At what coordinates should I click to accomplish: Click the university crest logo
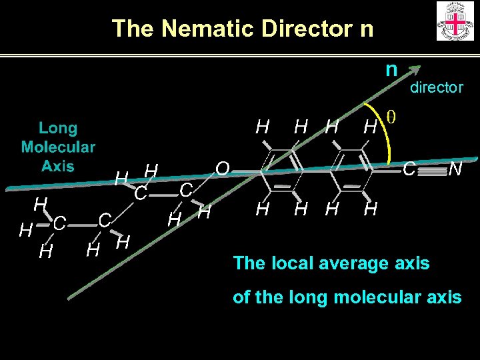(455, 21)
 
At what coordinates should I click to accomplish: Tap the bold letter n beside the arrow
(391, 69)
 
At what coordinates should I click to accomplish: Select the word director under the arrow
(436, 87)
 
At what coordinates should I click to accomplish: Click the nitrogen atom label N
(455, 170)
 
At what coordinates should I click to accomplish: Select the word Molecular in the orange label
(58, 147)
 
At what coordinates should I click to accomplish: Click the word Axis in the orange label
(58, 165)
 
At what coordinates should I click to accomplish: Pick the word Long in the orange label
(58, 128)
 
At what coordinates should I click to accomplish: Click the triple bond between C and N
(433, 171)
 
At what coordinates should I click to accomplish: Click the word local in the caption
(288, 263)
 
